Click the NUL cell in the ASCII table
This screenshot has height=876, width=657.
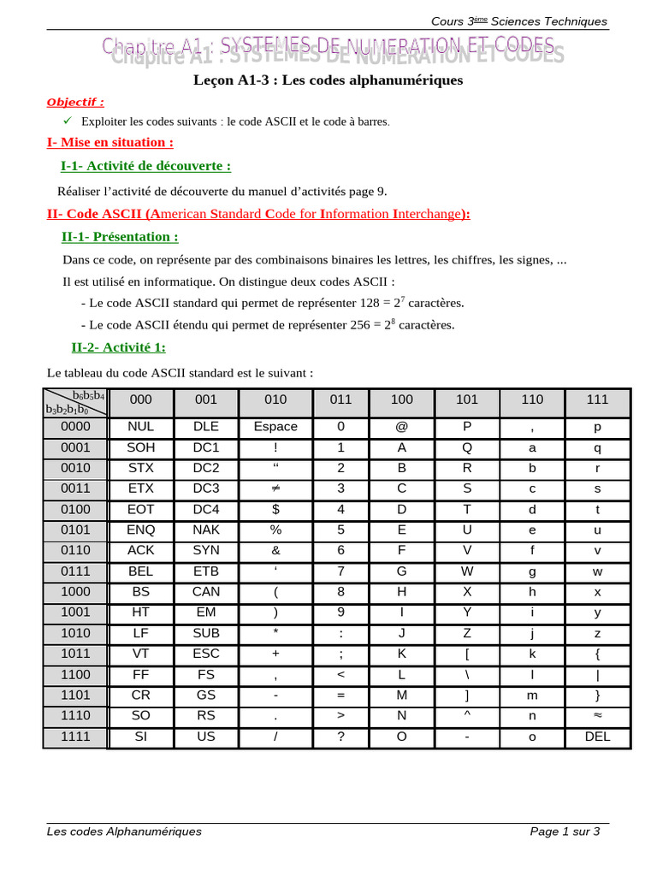pos(140,427)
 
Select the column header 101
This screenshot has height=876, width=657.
pos(467,400)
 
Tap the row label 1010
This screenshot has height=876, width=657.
pos(75,633)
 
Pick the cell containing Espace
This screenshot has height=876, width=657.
pos(275,427)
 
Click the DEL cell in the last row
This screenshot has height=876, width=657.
pos(597,736)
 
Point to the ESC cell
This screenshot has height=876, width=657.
pos(206,654)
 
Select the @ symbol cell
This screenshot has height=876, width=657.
pos(401,427)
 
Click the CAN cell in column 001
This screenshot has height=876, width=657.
pos(206,592)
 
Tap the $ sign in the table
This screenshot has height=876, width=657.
pos(275,509)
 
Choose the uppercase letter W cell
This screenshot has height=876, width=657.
pos(467,571)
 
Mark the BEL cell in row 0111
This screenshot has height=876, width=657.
pos(140,571)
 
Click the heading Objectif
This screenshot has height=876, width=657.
pos(75,102)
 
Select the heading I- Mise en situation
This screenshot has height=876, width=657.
pos(109,142)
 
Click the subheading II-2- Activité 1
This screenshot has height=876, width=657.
pos(118,347)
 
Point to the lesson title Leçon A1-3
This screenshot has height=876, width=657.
pos(328,80)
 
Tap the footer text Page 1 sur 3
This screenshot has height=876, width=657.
pos(565,831)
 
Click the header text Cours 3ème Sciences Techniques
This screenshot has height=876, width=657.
pos(518,21)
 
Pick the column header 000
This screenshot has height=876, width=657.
pos(140,400)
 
